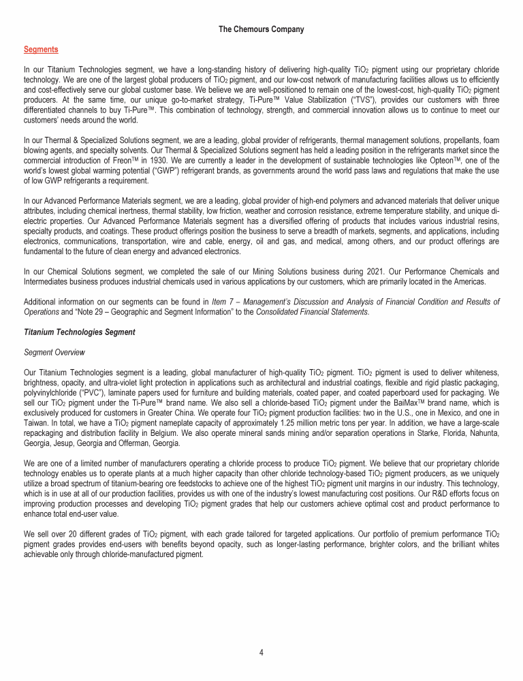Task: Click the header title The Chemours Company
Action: (x=261, y=29)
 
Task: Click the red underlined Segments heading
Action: (x=41, y=50)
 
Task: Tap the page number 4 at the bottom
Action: (x=261, y=652)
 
